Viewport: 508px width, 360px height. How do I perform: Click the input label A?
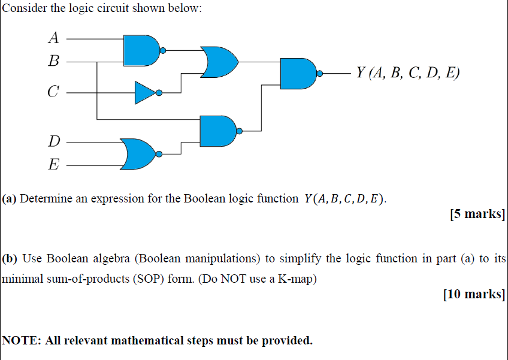53,38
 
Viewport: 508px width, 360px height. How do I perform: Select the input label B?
53,60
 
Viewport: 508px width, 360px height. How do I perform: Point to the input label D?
54,142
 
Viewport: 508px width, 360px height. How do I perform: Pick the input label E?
54,164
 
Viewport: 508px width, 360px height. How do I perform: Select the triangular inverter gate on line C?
144,93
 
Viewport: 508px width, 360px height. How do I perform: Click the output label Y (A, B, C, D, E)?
407,73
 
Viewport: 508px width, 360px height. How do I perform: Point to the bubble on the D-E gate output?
159,154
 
